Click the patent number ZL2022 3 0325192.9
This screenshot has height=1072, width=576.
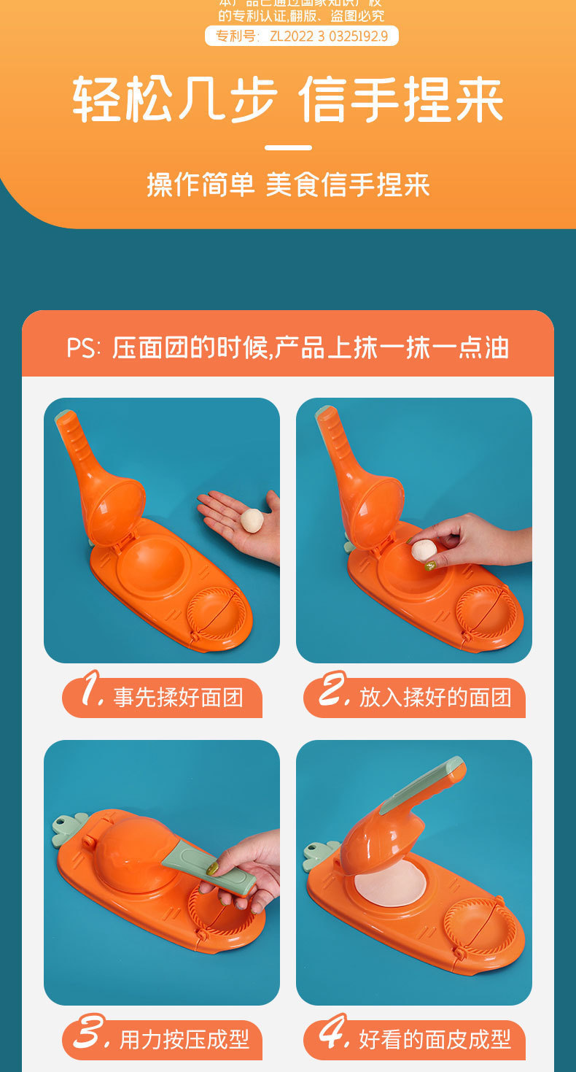pyautogui.click(x=302, y=36)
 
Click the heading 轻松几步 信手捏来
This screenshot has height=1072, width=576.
pyautogui.click(x=288, y=99)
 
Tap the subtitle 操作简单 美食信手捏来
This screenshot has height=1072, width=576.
pyautogui.click(x=288, y=184)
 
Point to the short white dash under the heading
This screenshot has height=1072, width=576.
pyautogui.click(x=288, y=147)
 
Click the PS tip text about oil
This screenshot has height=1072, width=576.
pyautogui.click(x=288, y=347)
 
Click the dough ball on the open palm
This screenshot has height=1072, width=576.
pyautogui.click(x=252, y=520)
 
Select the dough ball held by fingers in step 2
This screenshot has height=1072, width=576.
pyautogui.click(x=424, y=550)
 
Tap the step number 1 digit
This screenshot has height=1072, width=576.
pyautogui.click(x=90, y=690)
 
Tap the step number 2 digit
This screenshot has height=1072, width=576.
pyautogui.click(x=334, y=690)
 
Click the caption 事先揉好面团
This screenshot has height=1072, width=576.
pyautogui.click(x=178, y=698)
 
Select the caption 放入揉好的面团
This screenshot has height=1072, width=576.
pyautogui.click(x=435, y=698)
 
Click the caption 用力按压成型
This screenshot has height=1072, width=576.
pyautogui.click(x=184, y=1039)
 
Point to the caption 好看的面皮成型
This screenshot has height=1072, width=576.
pyautogui.click(x=435, y=1039)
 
